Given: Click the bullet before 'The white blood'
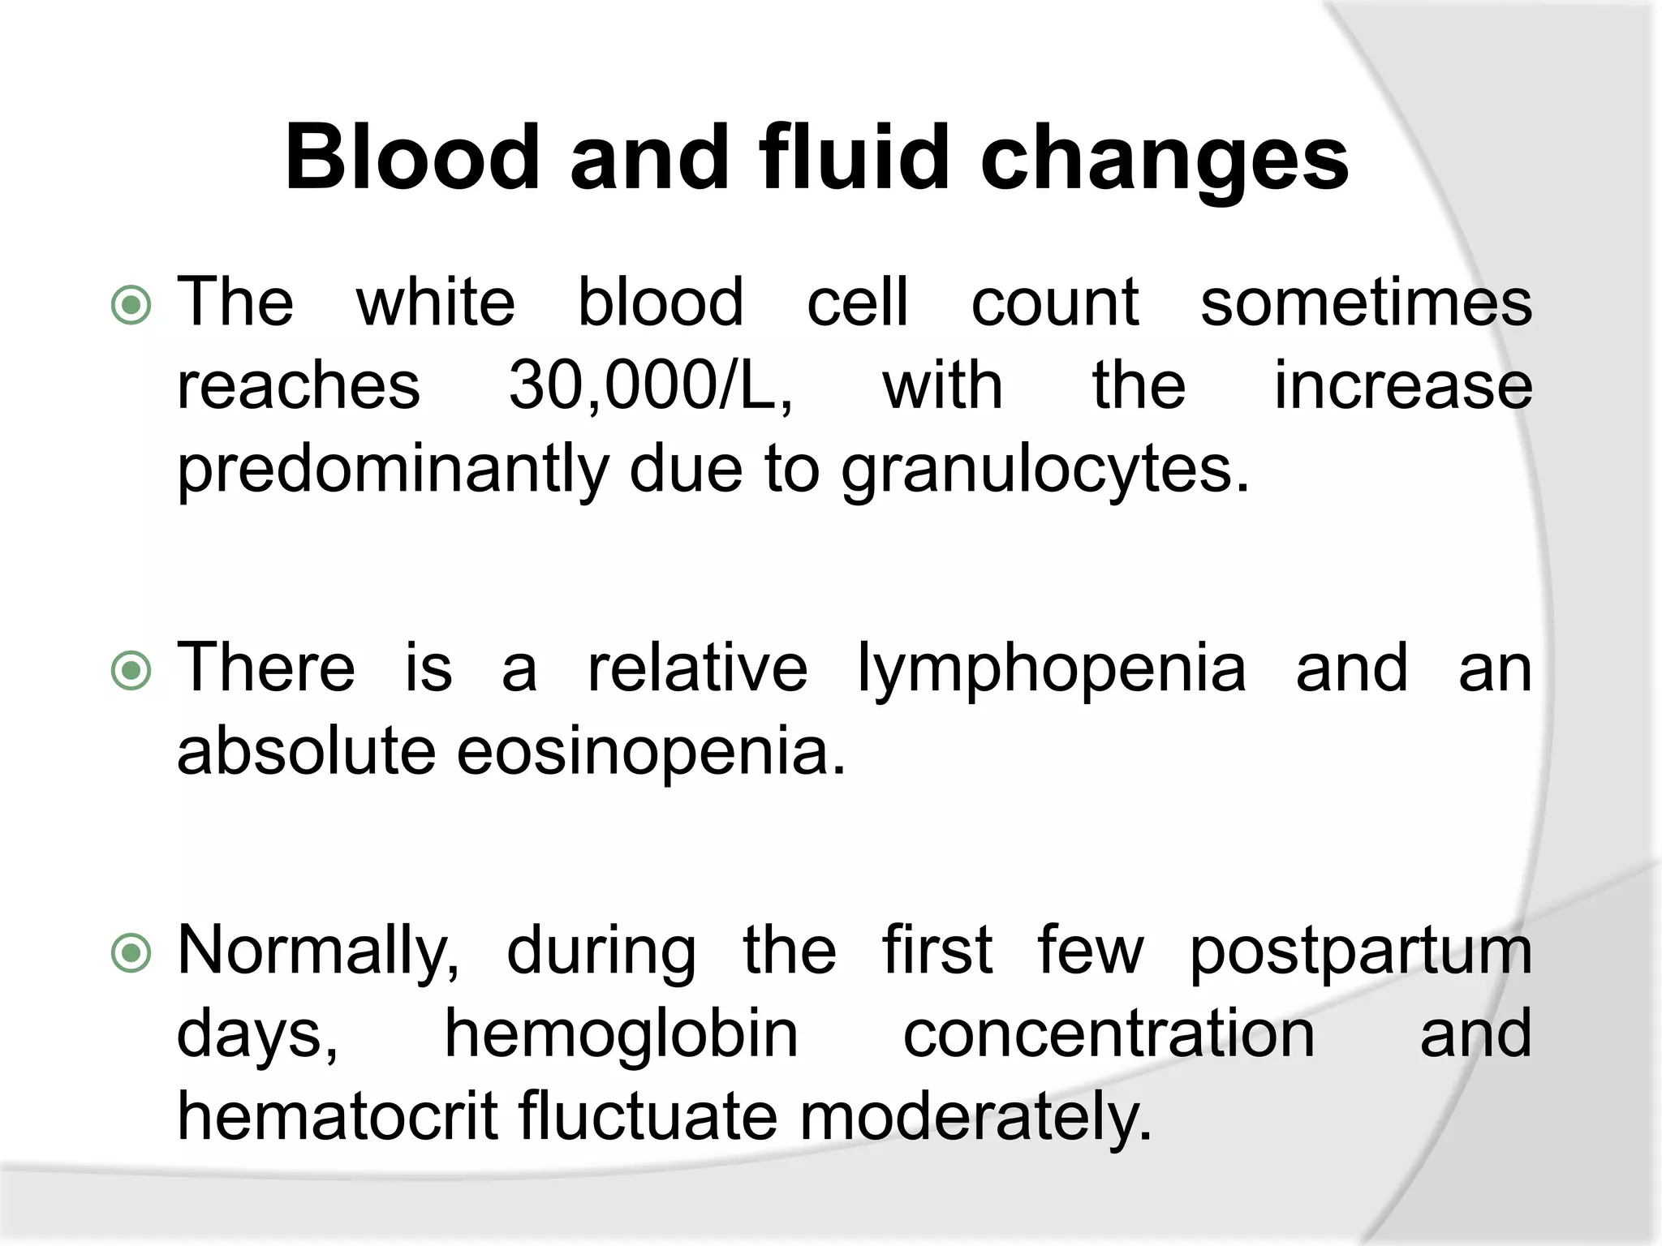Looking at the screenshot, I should point(131,306).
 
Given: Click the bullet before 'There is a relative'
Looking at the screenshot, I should point(131,671).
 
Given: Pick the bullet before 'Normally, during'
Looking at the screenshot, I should point(131,953).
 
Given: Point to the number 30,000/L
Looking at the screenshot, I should point(650,386).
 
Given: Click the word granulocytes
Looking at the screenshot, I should point(1045,471).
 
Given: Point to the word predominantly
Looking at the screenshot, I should point(392,471).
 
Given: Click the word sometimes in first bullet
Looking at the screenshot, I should point(1366,303).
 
